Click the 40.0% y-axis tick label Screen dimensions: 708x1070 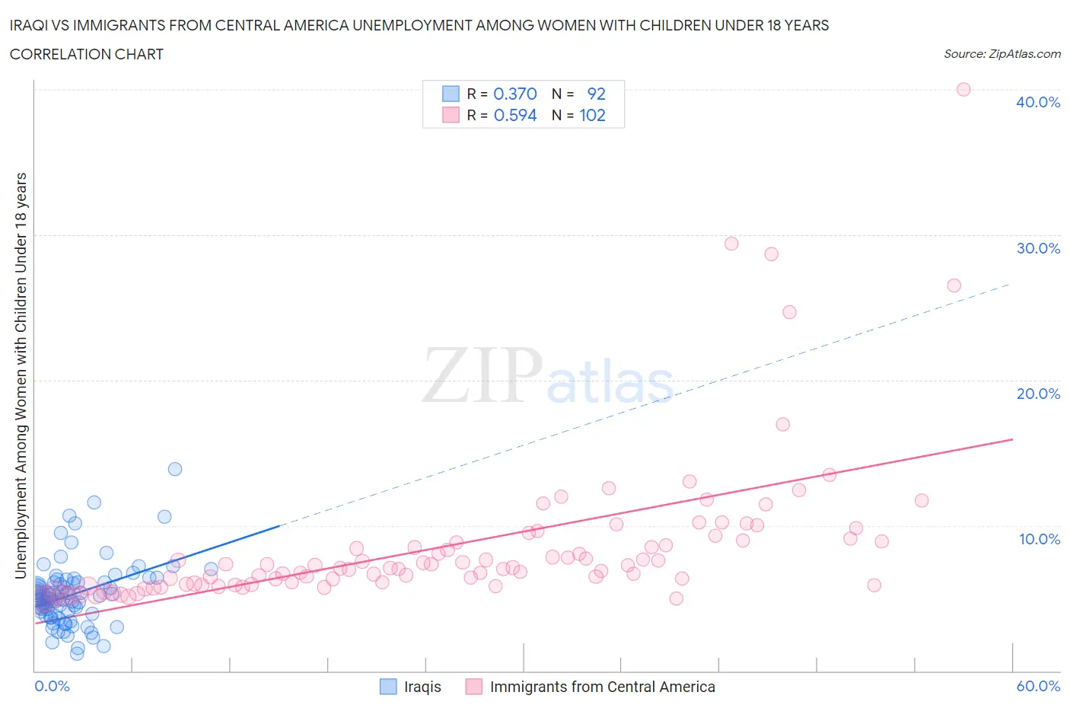(x=1037, y=102)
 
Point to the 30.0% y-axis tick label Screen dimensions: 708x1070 (x=1037, y=248)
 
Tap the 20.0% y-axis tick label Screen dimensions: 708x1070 (x=1037, y=394)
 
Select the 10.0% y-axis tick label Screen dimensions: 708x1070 (x=1039, y=539)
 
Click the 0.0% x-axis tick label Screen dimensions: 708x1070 (x=52, y=686)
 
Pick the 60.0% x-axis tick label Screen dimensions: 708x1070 (x=1037, y=686)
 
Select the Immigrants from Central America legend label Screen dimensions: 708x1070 (x=602, y=687)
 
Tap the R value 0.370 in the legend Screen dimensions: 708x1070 (x=515, y=94)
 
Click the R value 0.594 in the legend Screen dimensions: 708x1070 (x=515, y=115)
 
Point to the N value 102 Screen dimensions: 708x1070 (x=592, y=115)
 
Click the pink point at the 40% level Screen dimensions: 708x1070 (x=963, y=89)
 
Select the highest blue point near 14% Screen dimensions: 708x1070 (x=175, y=469)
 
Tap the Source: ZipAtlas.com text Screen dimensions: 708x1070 (x=1002, y=54)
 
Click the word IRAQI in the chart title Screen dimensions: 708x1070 (x=30, y=25)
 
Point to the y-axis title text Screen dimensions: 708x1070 (x=21, y=375)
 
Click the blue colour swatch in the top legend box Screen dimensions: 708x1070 (x=451, y=94)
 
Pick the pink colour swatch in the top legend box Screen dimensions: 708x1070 (x=451, y=115)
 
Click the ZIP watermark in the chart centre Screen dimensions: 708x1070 (x=482, y=375)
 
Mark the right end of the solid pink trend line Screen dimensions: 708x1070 (x=1012, y=439)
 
